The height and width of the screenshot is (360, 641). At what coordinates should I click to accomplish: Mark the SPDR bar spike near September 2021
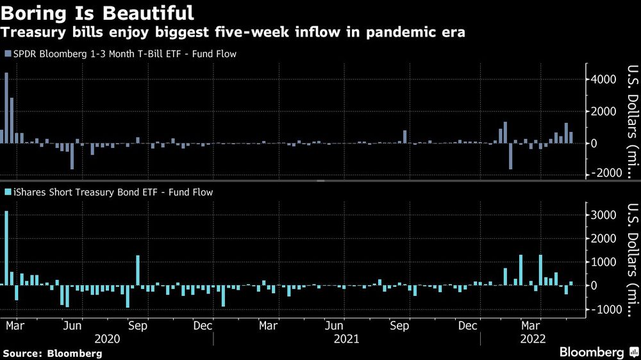405,136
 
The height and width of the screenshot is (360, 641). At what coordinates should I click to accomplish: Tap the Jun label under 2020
72,326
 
